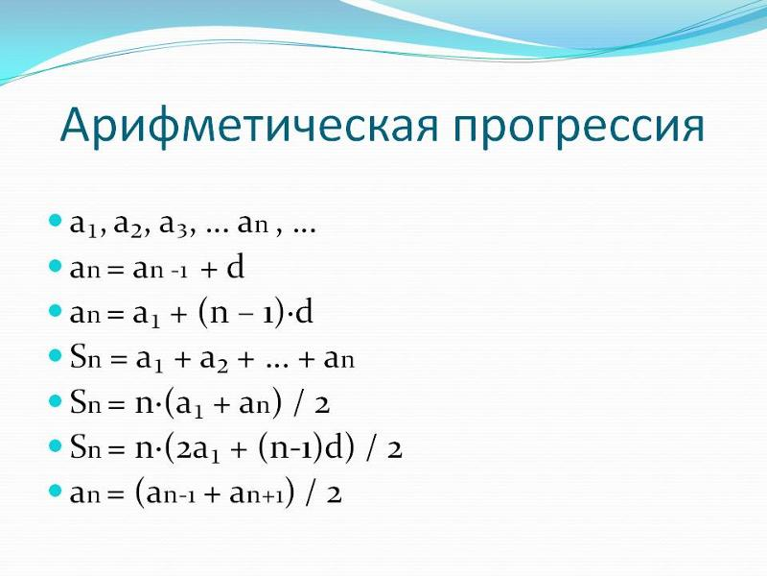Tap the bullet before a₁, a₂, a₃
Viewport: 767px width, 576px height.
point(56,224)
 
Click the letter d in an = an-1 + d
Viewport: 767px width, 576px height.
point(236,268)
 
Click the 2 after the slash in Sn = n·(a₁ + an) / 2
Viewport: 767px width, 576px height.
point(322,404)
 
